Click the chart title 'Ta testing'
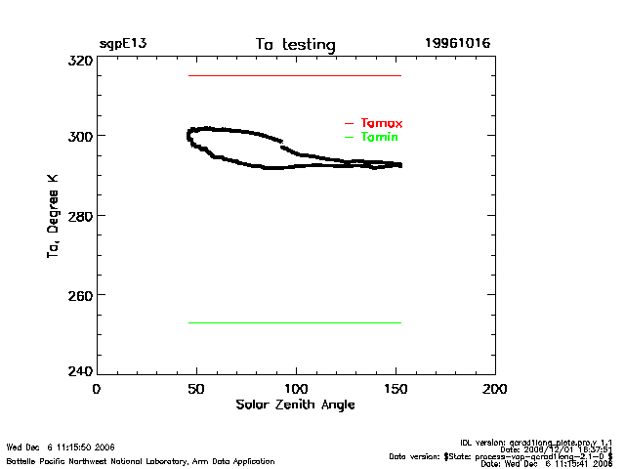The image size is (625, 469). coord(295,45)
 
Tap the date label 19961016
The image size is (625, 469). coord(457,44)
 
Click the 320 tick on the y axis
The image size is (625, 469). coord(79,60)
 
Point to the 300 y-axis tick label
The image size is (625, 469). coord(79,136)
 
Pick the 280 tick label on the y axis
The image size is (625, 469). coord(79,215)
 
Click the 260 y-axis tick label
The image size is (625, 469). coord(79,294)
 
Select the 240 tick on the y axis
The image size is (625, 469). coord(79,372)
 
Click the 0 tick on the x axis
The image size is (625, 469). coord(97,388)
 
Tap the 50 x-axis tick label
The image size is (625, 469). coord(196,388)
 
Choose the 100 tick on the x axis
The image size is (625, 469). coord(296,388)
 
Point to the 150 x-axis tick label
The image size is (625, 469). coord(396,388)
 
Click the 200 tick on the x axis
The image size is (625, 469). coord(495,388)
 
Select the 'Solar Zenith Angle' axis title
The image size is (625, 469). coord(295,405)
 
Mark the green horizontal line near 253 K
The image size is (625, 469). coord(295,322)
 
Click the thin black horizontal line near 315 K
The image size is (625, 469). coord(295,75)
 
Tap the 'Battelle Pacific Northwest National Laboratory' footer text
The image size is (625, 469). coord(141,460)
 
